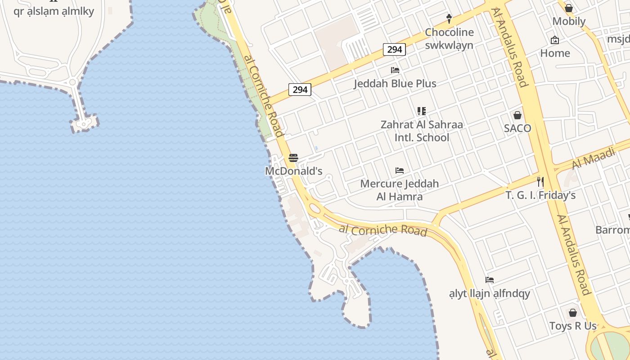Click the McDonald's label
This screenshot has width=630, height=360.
[x=293, y=171]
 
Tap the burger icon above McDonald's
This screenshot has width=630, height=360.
[x=293, y=158]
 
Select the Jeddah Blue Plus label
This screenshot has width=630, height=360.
[x=395, y=83]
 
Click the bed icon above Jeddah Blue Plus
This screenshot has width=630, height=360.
[x=395, y=70]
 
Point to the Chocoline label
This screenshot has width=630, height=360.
[x=449, y=32]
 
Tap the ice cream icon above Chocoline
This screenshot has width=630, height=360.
[x=449, y=18]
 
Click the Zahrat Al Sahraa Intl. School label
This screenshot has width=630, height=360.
[x=422, y=130]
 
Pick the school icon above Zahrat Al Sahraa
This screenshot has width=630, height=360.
[x=422, y=111]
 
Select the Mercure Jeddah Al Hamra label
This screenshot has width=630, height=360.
[x=399, y=190]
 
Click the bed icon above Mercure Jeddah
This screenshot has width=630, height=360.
[x=400, y=171]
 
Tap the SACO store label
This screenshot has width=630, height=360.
[x=517, y=128]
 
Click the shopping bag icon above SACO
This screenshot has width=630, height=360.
[x=517, y=115]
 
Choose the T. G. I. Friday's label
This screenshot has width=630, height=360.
[x=540, y=195]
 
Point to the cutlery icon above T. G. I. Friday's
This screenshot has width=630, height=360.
[x=540, y=182]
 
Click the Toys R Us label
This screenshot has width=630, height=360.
[x=572, y=326]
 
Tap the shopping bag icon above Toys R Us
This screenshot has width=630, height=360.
[x=572, y=312]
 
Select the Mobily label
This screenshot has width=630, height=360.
[x=569, y=21]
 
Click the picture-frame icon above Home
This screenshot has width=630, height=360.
[x=555, y=40]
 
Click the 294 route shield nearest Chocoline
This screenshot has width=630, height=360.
[x=394, y=49]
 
